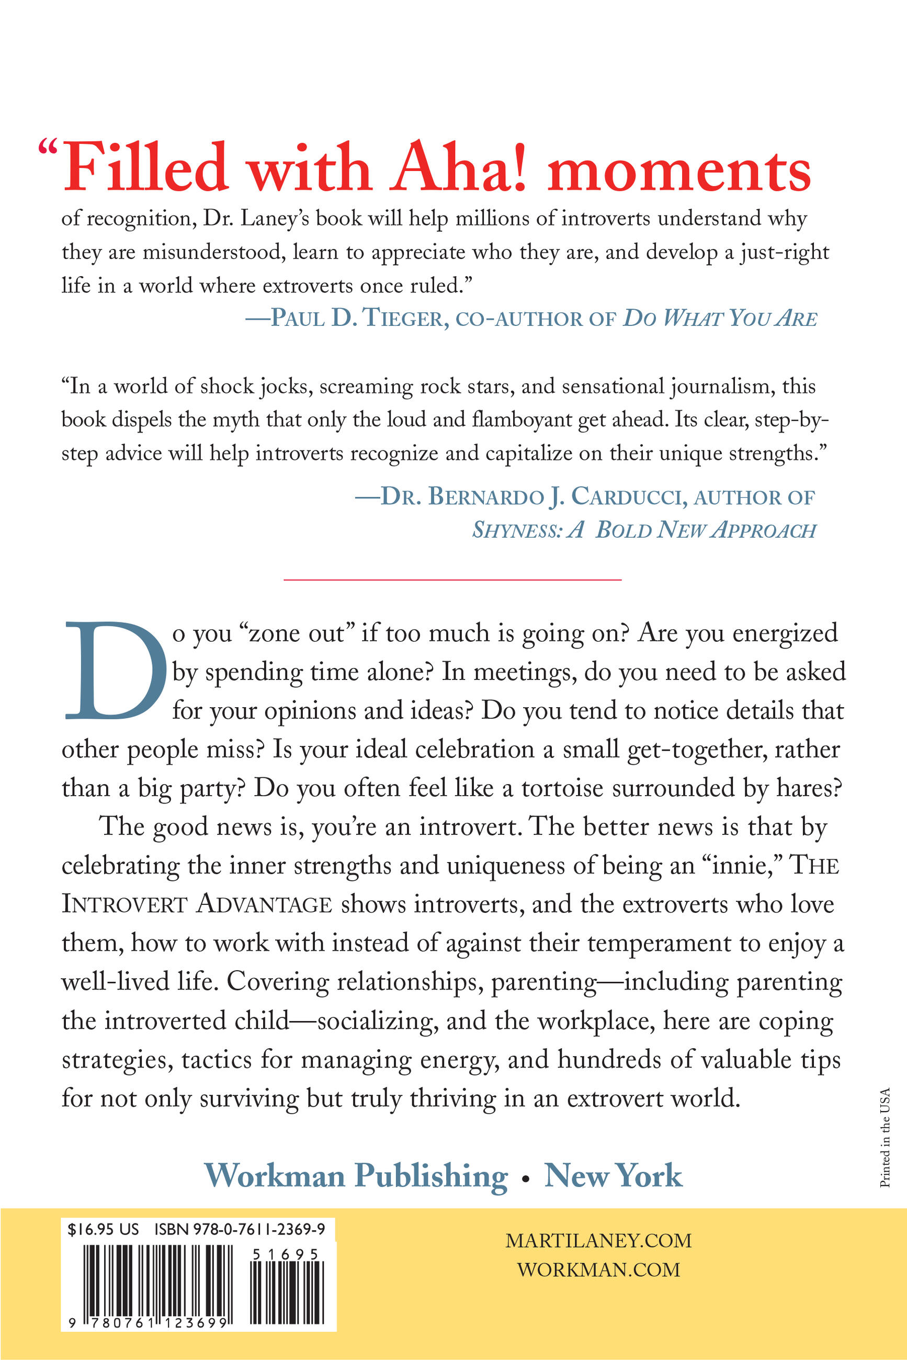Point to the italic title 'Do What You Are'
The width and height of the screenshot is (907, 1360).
[x=720, y=318]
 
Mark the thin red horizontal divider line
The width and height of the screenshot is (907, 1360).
[x=452, y=579]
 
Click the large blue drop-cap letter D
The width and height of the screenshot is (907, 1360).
[x=115, y=671]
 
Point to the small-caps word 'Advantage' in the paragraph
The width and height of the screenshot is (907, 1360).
[x=264, y=905]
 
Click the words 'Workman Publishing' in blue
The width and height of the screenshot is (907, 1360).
[x=356, y=1176]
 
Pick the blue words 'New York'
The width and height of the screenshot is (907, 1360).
[x=613, y=1176]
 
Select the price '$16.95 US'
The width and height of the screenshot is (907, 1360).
[x=103, y=1229]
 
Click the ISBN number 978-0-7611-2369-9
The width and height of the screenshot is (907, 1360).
[x=240, y=1229]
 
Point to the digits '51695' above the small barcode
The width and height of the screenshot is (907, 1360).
[x=286, y=1254]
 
